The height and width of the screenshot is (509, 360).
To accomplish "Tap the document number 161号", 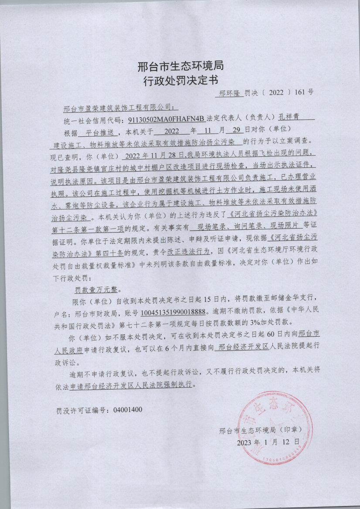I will coord(303,92).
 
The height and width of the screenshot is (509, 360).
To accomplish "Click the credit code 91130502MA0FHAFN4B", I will coord(166,118).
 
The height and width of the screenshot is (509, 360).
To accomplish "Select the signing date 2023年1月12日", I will coord(268,442).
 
